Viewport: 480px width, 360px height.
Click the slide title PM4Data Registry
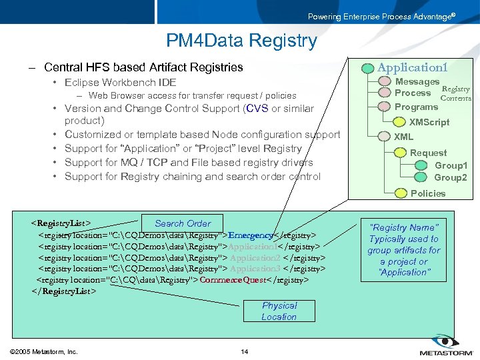241,41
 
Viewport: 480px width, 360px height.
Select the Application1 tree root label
412,67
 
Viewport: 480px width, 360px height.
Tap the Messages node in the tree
417,81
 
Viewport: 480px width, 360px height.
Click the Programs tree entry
416,107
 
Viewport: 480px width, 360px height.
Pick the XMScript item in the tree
429,122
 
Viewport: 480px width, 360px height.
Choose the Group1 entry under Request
451,165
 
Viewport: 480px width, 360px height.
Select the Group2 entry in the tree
451,178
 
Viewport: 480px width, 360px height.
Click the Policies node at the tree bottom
427,193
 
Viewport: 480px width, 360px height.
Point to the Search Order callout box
182,223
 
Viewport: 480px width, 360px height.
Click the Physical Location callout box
279,311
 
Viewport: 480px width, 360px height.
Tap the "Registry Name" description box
404,250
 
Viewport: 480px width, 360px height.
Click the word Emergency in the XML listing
251,235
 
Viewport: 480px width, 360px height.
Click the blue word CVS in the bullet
257,109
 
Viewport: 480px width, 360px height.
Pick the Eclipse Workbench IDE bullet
120,83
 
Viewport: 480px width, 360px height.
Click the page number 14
244,351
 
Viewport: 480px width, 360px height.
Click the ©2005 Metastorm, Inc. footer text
44,351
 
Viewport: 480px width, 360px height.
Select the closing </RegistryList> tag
63,291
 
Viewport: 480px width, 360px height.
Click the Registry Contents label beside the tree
456,93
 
